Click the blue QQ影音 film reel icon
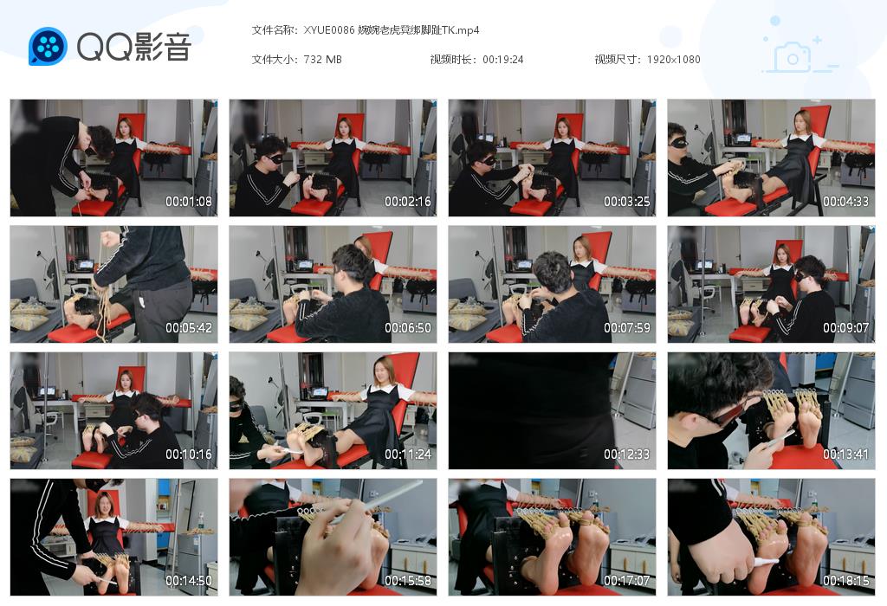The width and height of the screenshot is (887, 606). tap(48, 46)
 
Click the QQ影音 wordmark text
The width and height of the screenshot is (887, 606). tap(133, 47)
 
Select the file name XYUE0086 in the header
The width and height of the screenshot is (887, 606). tap(329, 30)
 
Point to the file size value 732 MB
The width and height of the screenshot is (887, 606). tap(323, 60)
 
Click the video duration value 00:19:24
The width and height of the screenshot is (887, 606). tap(502, 60)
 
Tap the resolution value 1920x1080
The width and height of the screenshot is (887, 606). tap(673, 60)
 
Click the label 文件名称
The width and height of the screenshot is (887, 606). tap(275, 30)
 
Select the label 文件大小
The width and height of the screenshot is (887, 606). tap(275, 60)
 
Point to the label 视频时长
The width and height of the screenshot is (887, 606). tap(453, 60)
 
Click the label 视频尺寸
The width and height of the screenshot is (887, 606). tap(618, 60)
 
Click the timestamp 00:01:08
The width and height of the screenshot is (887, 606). tap(189, 202)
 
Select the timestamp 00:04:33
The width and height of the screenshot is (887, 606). tap(846, 202)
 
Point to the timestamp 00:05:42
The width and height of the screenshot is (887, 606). tap(189, 328)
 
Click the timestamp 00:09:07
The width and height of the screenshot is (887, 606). tap(846, 328)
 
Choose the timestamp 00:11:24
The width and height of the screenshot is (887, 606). tap(408, 455)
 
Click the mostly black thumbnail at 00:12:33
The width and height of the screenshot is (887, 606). tap(552, 410)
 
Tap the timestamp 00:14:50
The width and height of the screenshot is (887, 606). tap(189, 581)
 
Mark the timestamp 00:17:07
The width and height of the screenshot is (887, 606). tap(627, 581)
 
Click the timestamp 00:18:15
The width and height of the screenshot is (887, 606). tap(846, 581)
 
